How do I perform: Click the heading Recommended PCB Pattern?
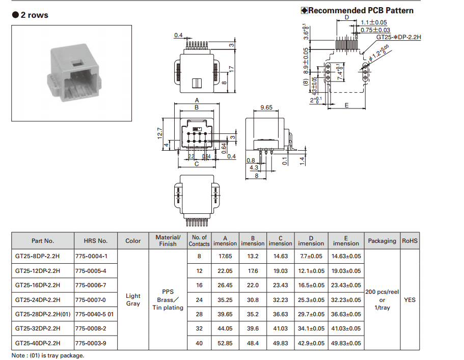pyautogui.click(x=360, y=10)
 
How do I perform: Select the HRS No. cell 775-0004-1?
pyautogui.click(x=91, y=257)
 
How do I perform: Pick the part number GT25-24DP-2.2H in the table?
pyautogui.click(x=38, y=300)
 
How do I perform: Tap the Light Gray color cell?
pyautogui.click(x=133, y=300)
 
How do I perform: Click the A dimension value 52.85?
pyautogui.click(x=225, y=343)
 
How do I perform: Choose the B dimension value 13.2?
pyautogui.click(x=253, y=257)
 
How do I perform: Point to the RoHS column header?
pyautogui.click(x=410, y=241)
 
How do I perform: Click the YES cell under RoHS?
pyautogui.click(x=410, y=300)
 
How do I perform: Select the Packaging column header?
pyautogui.click(x=382, y=241)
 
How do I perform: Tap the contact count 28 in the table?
pyautogui.click(x=199, y=314)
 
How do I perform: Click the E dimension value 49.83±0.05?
pyautogui.click(x=346, y=343)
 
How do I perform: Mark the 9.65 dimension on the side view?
pyautogui.click(x=266, y=108)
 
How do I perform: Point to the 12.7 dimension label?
pyautogui.click(x=159, y=133)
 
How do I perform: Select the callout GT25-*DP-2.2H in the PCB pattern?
pyautogui.click(x=399, y=37)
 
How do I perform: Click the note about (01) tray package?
pyautogui.click(x=48, y=355)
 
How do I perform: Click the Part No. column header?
pyautogui.click(x=42, y=241)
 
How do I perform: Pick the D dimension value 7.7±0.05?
pyautogui.click(x=311, y=257)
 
